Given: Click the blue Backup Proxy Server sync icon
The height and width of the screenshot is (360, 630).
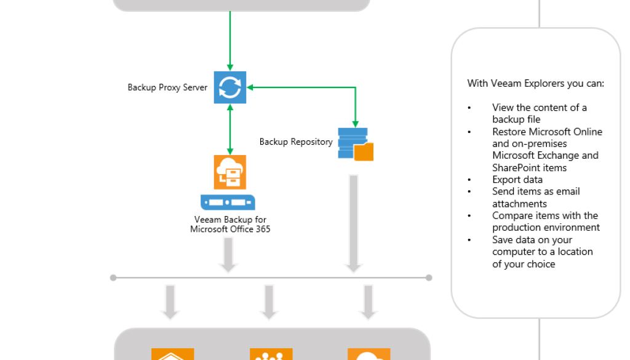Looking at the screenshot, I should [x=230, y=87].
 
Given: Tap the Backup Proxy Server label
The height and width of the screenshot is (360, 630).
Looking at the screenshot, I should [x=167, y=87].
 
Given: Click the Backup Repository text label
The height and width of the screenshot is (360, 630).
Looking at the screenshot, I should [x=295, y=142].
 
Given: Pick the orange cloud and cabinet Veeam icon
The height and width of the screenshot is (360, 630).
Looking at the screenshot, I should [x=230, y=172].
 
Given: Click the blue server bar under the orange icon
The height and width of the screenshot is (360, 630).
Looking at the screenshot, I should [x=228, y=202].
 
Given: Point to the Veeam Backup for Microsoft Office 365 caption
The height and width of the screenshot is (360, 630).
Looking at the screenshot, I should [x=230, y=224].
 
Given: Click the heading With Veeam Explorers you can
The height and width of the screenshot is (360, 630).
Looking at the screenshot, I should [x=535, y=83].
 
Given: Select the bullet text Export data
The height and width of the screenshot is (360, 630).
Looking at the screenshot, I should [x=517, y=180].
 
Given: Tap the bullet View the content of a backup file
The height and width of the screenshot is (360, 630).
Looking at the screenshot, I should [x=539, y=113].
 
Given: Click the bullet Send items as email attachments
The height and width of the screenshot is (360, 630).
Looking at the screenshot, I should [x=535, y=198].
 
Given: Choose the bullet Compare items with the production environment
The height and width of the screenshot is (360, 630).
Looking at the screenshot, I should [x=544, y=222].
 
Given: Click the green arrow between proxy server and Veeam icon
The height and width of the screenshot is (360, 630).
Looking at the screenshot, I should [x=230, y=129].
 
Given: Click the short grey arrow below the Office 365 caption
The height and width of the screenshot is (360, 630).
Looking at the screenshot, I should [x=228, y=254].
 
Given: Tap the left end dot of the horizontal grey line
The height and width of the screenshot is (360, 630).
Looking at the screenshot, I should [x=113, y=278].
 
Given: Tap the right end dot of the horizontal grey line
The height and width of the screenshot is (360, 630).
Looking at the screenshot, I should [x=429, y=278].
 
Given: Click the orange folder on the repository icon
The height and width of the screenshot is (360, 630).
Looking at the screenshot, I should [x=364, y=152].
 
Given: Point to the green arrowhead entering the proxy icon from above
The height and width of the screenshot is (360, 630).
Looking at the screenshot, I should [x=230, y=67].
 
